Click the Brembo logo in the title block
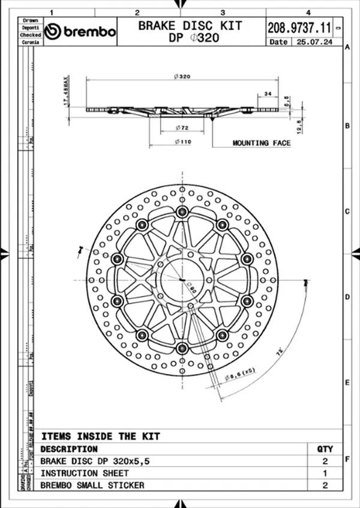click(80, 32)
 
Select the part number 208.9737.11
click(299, 27)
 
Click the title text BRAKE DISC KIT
click(190, 25)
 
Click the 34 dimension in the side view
click(267, 93)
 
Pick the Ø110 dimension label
click(182, 142)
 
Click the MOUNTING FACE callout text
click(262, 143)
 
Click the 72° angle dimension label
click(280, 354)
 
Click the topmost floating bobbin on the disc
click(182, 211)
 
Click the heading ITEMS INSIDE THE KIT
click(100, 436)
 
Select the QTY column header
click(325, 449)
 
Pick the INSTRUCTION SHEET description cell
click(84, 473)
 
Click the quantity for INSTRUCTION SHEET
click(325, 473)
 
